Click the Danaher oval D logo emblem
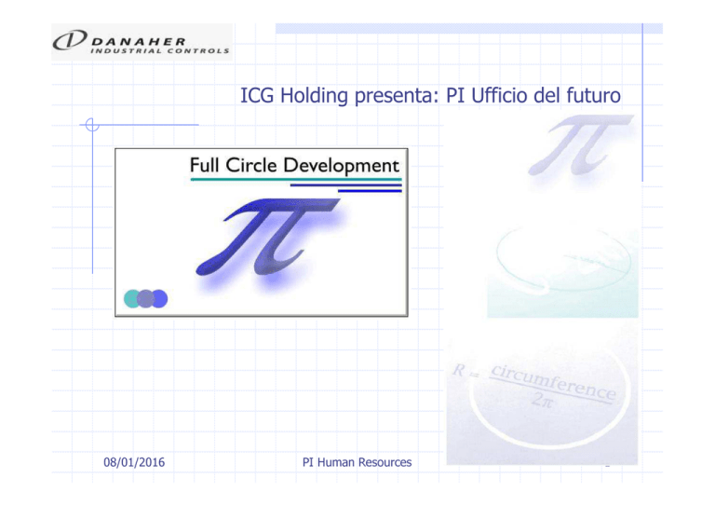click(70, 40)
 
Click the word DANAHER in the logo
click(139, 42)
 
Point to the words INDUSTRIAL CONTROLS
click(159, 50)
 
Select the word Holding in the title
click(314, 96)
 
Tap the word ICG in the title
click(257, 95)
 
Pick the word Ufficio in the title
click(498, 95)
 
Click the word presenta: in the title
click(397, 96)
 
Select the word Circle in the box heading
click(251, 165)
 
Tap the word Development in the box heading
click(341, 166)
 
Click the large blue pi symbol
click(268, 237)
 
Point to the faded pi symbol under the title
click(581, 144)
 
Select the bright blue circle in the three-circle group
click(160, 299)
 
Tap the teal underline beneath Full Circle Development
click(296, 180)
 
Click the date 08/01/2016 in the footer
click(134, 462)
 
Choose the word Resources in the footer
click(384, 462)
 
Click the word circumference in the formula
click(554, 382)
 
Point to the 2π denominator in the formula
click(542, 401)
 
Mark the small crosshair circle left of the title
click(92, 125)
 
